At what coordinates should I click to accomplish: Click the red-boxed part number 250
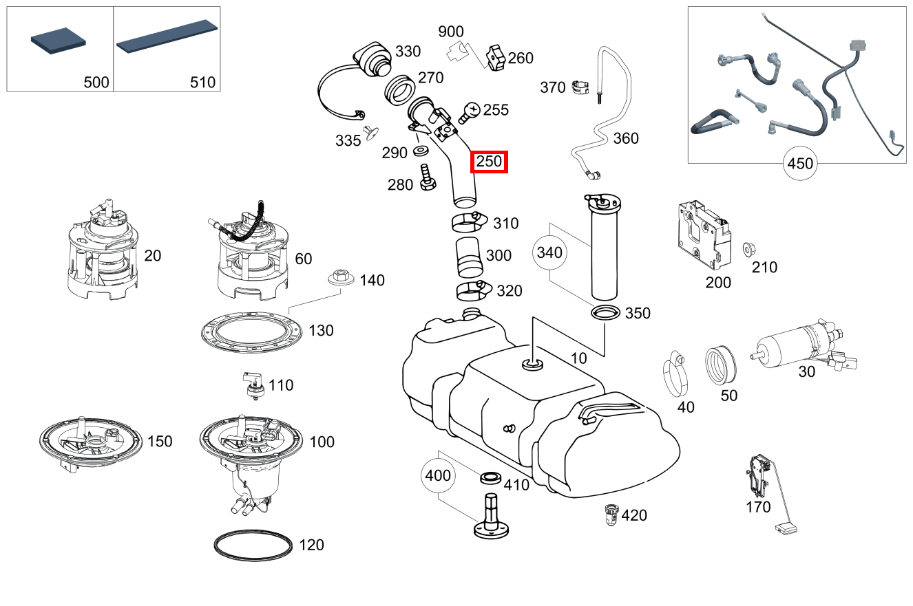pyautogui.click(x=489, y=162)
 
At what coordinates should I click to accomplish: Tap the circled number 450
pyautogui.click(x=800, y=164)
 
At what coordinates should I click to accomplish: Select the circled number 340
pyautogui.click(x=549, y=252)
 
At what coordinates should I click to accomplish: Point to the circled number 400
pyautogui.click(x=438, y=475)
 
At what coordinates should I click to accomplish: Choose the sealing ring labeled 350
pyautogui.click(x=605, y=313)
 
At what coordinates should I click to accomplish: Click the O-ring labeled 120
pyautogui.click(x=253, y=545)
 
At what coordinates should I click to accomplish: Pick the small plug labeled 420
pyautogui.click(x=609, y=513)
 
